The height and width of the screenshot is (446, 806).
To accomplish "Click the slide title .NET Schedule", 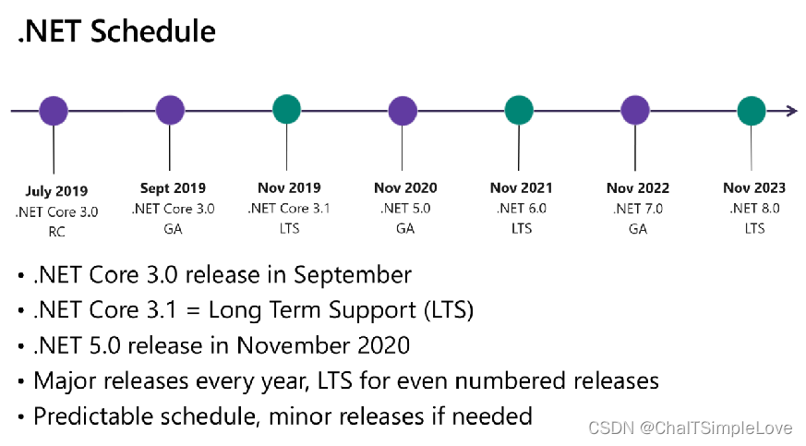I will pos(116,32).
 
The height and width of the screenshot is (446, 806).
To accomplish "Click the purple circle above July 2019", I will pos(54,111).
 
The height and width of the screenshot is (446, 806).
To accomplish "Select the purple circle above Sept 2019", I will pos(170,111).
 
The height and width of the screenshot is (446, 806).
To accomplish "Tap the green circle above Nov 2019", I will pos(286,111).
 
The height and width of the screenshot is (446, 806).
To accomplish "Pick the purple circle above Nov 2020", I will pos(403,111).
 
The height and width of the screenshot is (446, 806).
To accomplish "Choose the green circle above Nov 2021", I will pos(519,111).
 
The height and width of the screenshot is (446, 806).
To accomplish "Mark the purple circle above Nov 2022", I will pos(635,111).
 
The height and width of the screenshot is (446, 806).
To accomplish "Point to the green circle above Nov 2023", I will pos(752,111).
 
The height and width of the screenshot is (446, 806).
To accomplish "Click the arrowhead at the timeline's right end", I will pos(792,111).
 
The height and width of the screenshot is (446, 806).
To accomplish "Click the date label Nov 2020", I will pos(405,187).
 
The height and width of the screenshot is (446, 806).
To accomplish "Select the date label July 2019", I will pos(56,191).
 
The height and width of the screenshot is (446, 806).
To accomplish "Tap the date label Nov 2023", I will pos(753,187).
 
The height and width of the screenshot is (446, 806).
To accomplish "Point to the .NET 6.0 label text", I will pos(522,209).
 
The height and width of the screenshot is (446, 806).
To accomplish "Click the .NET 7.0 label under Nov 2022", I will pos(638,209).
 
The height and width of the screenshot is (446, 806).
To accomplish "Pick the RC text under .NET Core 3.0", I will pos(56,233).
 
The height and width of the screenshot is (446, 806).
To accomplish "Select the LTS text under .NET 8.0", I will pos(753,229).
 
